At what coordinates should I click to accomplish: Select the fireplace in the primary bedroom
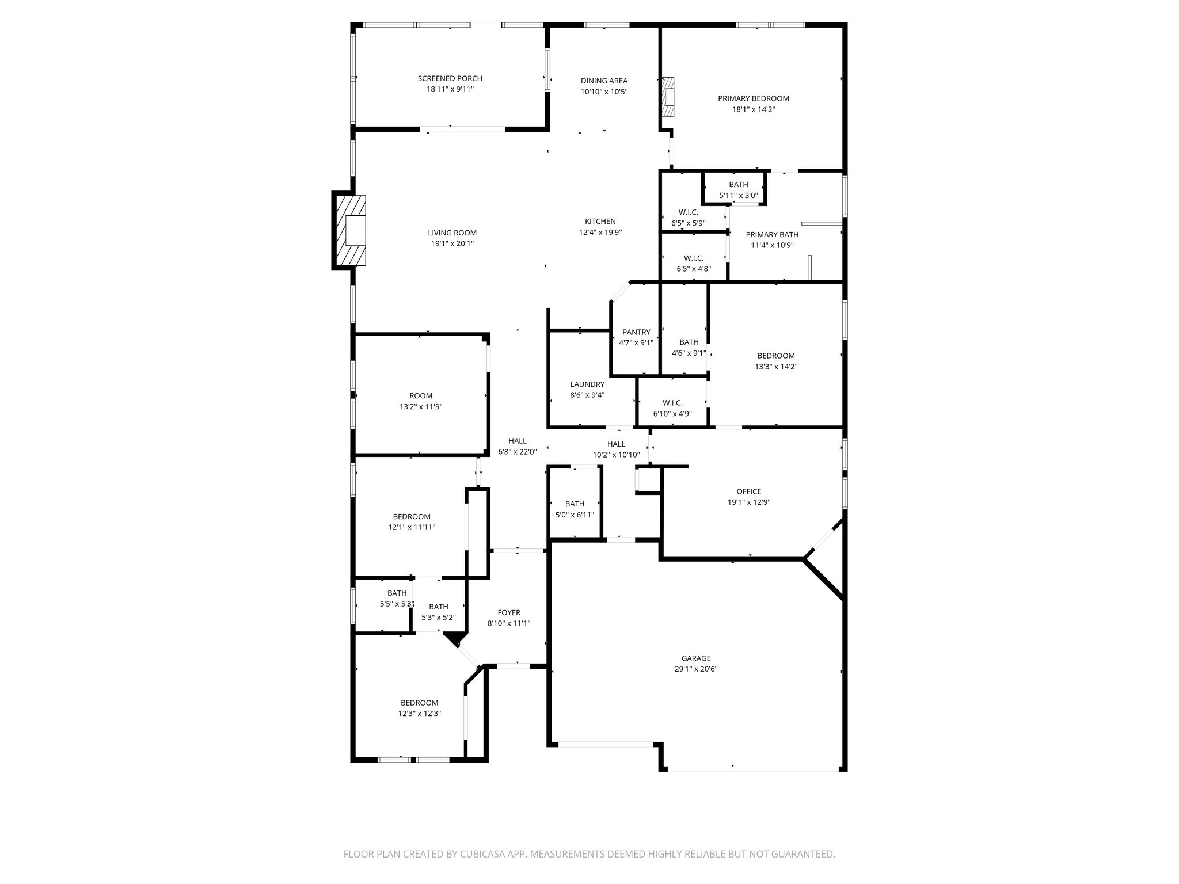tap(668, 97)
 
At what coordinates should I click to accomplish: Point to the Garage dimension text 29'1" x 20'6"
tap(695, 669)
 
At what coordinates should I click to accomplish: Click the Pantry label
tap(636, 332)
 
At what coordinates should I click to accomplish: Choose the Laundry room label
tap(587, 384)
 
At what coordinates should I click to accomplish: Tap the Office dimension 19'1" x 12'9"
tap(748, 502)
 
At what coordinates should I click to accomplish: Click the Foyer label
tap(508, 612)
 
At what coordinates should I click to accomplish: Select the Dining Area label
tap(603, 81)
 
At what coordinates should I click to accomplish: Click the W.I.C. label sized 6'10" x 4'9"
tap(672, 403)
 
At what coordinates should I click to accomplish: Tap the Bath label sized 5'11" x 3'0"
tap(738, 185)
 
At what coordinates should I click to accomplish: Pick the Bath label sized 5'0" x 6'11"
tap(574, 504)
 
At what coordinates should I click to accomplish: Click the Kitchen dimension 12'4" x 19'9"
tap(600, 233)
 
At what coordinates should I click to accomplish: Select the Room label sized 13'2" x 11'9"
tap(420, 396)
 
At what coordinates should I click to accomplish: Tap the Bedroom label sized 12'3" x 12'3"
tap(419, 703)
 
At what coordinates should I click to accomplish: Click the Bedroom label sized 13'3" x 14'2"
tap(775, 356)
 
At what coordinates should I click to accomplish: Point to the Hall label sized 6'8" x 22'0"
tap(517, 441)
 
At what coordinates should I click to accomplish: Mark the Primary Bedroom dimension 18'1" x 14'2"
tap(753, 109)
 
